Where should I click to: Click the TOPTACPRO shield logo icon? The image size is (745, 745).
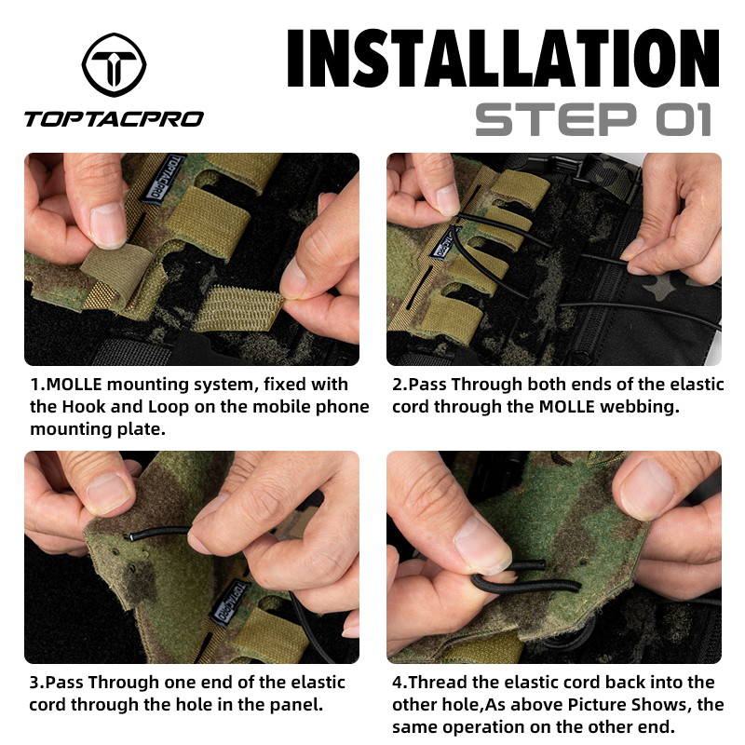113,64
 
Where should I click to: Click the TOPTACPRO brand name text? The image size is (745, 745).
114,118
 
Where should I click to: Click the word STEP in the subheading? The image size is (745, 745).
549,119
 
